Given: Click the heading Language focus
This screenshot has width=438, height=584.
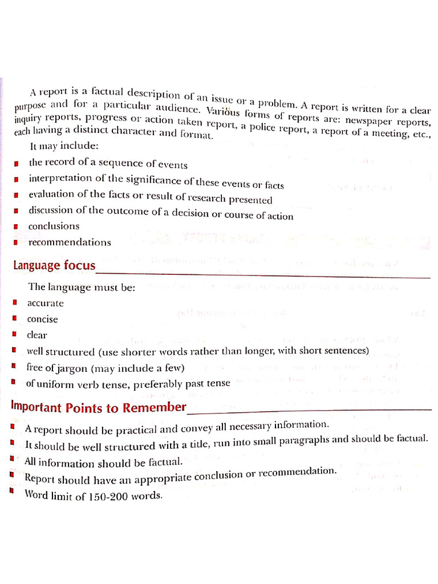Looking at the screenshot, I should click(54, 266).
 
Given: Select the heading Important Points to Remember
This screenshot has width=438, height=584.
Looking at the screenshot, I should click(99, 407).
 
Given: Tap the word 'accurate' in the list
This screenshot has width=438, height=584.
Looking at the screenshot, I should click(46, 303).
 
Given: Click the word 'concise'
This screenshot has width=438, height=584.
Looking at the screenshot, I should click(43, 319).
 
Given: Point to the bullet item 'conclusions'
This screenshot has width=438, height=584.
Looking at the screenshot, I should click(54, 226).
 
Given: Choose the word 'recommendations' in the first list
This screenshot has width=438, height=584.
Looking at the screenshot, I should click(70, 242).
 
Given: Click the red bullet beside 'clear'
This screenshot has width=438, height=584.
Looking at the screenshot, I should click(14, 334).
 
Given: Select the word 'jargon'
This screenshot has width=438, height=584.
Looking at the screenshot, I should click(67, 367).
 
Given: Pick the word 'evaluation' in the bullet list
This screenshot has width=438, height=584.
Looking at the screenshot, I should click(51, 194).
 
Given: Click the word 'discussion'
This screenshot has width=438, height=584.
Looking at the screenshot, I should click(51, 210).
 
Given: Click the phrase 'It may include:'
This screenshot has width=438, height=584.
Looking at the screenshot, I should click(64, 146).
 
